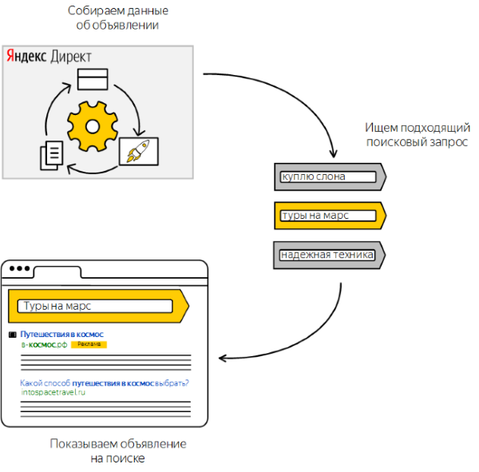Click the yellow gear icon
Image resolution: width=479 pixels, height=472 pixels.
click(93, 126)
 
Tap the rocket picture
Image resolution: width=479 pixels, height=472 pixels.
click(139, 151)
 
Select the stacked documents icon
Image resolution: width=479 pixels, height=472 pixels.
click(52, 155)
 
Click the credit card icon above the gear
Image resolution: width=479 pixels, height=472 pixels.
click(93, 79)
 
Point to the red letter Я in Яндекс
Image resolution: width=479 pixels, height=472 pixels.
click(10, 56)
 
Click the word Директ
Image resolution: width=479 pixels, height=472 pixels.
click(71, 57)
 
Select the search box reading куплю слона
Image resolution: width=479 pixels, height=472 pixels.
click(328, 177)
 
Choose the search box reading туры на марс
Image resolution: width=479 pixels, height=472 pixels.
click(328, 216)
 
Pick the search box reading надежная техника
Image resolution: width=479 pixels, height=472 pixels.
click(327, 255)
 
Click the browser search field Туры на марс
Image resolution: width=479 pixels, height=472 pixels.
click(95, 306)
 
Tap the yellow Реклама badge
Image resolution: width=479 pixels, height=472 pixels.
click(89, 344)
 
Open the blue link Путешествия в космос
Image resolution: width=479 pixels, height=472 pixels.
click(62, 334)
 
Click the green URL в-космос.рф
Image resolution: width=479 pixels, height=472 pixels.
click(44, 344)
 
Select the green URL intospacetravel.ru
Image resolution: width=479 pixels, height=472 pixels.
click(53, 392)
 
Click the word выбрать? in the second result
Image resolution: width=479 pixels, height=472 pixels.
click(172, 383)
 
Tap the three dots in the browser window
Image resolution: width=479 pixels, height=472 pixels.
click(19, 268)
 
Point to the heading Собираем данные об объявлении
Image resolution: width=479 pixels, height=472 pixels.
click(118, 18)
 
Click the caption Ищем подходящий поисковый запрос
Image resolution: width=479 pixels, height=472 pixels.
click(418, 134)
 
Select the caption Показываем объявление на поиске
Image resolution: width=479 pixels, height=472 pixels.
click(118, 451)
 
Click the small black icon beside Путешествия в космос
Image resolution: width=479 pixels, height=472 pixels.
click(13, 335)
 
